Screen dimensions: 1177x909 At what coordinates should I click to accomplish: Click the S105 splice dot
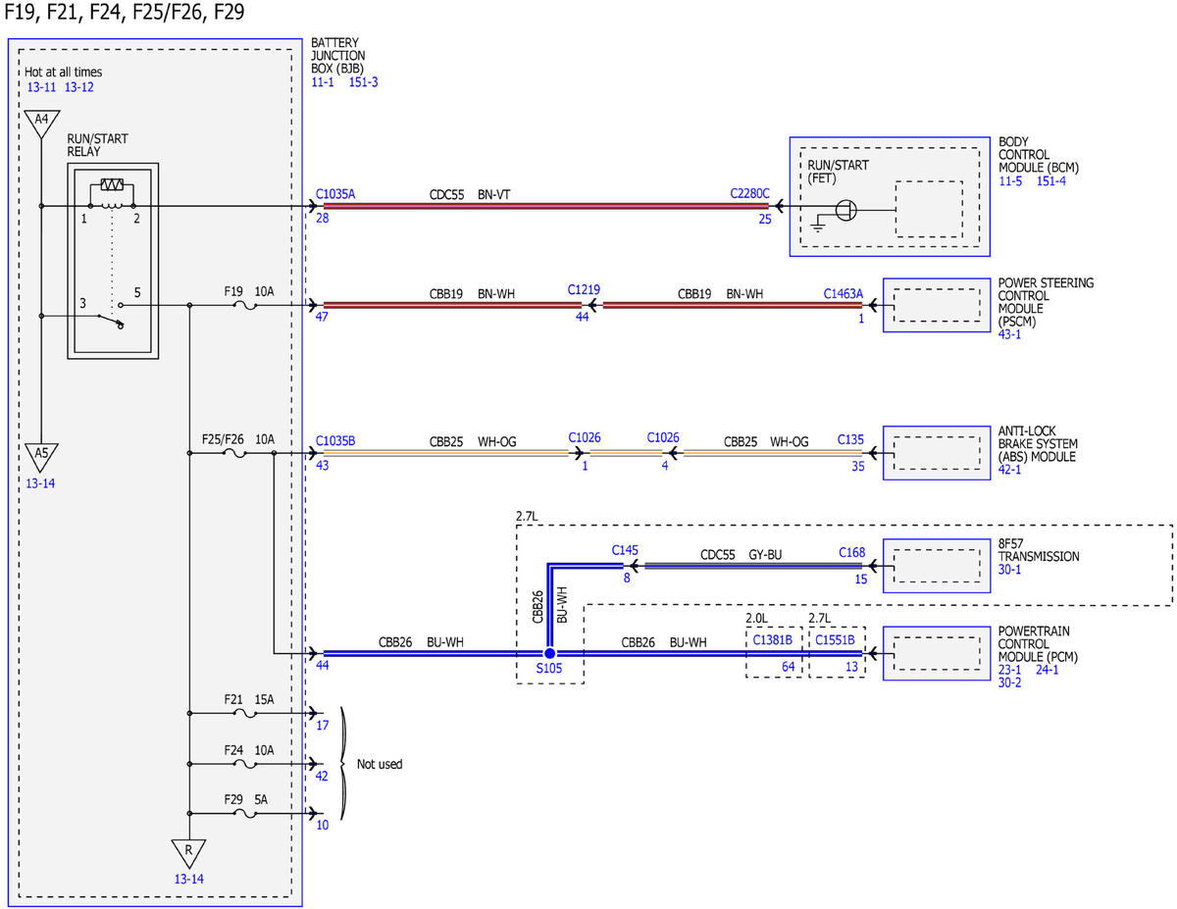click(549, 653)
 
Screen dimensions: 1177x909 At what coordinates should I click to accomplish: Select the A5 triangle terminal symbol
click(42, 456)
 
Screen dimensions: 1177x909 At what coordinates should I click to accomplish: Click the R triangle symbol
click(188, 853)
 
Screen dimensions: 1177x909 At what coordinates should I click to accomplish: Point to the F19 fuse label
click(233, 292)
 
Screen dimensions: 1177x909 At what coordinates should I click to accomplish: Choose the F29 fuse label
click(233, 799)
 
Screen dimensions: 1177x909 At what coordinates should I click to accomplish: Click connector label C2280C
click(749, 194)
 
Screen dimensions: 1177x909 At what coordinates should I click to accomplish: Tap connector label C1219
click(584, 289)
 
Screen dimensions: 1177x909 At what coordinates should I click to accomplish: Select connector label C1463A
click(844, 294)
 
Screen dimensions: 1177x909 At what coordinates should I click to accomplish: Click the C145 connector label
click(625, 551)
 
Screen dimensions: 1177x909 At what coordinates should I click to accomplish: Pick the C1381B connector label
click(772, 640)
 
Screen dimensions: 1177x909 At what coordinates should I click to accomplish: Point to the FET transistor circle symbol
click(845, 210)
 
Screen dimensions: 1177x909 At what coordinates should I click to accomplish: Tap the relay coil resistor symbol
click(112, 184)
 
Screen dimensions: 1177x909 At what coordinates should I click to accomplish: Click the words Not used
click(380, 764)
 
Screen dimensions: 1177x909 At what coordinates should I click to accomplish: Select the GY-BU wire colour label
click(765, 555)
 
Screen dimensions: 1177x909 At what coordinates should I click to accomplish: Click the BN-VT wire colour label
click(494, 195)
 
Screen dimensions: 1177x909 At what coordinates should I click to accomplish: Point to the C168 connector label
click(852, 553)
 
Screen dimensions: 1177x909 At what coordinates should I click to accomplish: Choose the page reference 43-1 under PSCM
click(1009, 334)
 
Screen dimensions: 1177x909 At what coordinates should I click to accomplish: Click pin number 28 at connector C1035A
click(323, 219)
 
